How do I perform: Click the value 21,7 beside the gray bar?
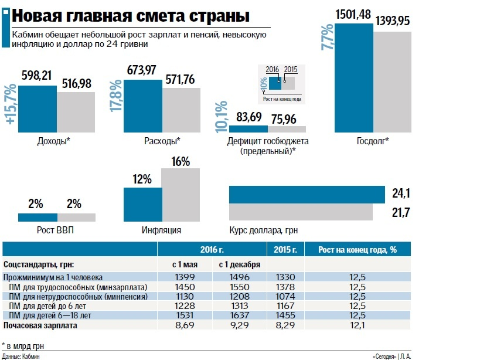tap(400, 211)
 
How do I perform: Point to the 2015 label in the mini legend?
tap(291, 70)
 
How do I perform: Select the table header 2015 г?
tap(285, 250)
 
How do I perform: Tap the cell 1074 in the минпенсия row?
tap(285, 297)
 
